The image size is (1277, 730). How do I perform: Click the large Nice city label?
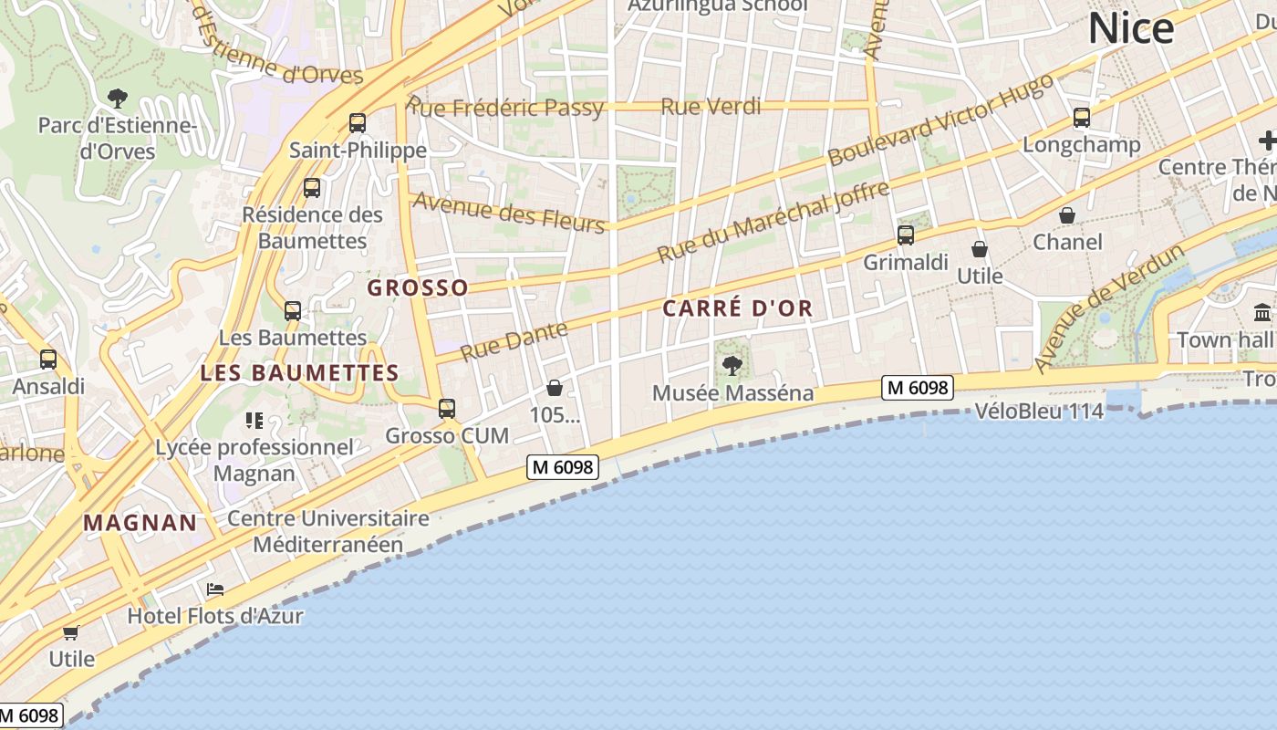pyautogui.click(x=1131, y=29)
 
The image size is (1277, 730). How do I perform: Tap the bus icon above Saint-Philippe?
pyautogui.click(x=358, y=122)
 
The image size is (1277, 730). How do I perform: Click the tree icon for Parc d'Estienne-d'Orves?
pyautogui.click(x=117, y=98)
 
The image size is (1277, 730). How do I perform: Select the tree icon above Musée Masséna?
pyautogui.click(x=732, y=366)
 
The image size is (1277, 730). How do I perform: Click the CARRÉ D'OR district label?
pyautogui.click(x=737, y=308)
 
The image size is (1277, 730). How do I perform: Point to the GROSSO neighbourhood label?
pyautogui.click(x=418, y=288)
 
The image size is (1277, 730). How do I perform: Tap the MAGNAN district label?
pyautogui.click(x=140, y=523)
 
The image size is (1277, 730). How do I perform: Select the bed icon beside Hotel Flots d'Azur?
pyautogui.click(x=215, y=589)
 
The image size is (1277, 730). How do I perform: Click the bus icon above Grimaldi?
pyautogui.click(x=906, y=235)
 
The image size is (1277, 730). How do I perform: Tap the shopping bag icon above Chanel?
pyautogui.click(x=1066, y=215)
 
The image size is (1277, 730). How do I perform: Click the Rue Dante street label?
pyautogui.click(x=514, y=340)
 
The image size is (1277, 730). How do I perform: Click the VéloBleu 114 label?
pyautogui.click(x=1039, y=412)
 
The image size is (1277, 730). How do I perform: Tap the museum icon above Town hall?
pyautogui.click(x=1263, y=312)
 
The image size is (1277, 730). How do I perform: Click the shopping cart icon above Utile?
pyautogui.click(x=71, y=632)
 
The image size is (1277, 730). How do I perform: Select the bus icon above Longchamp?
pyautogui.click(x=1082, y=117)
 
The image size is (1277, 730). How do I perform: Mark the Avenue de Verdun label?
pyautogui.click(x=1110, y=308)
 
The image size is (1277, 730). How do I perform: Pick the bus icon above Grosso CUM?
pyautogui.click(x=447, y=408)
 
